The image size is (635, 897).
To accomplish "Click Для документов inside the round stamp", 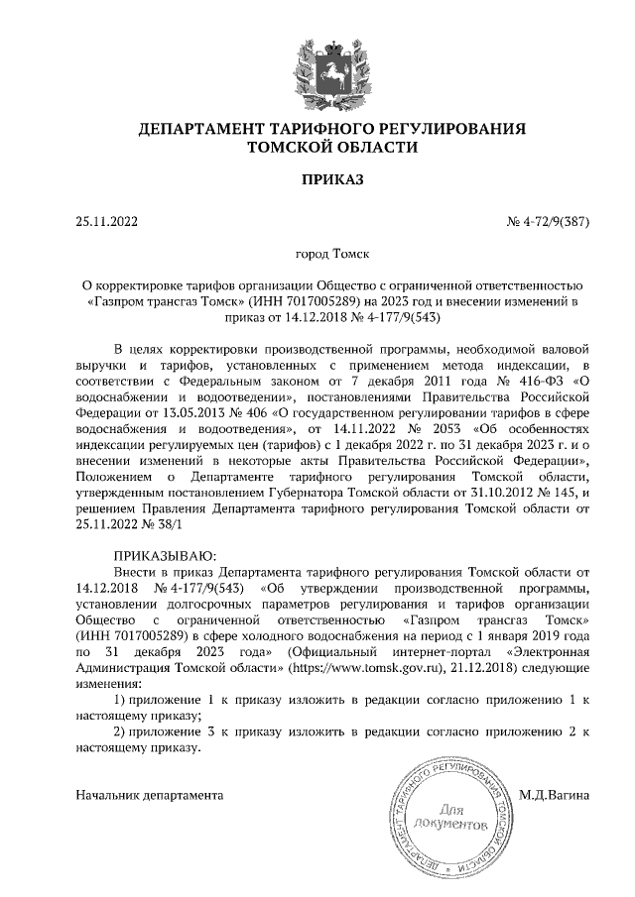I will click(450, 817).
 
